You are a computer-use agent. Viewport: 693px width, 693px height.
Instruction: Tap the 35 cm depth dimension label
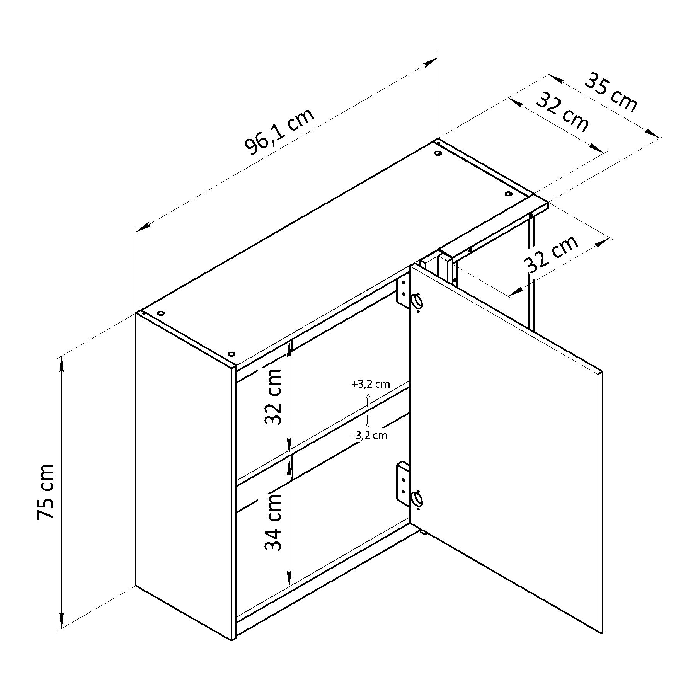(x=610, y=93)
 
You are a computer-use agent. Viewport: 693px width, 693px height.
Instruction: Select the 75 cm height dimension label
(x=46, y=491)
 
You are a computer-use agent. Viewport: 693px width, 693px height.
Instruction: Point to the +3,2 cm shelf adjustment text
(x=370, y=384)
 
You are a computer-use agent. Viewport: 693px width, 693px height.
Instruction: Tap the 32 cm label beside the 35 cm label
(x=563, y=112)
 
